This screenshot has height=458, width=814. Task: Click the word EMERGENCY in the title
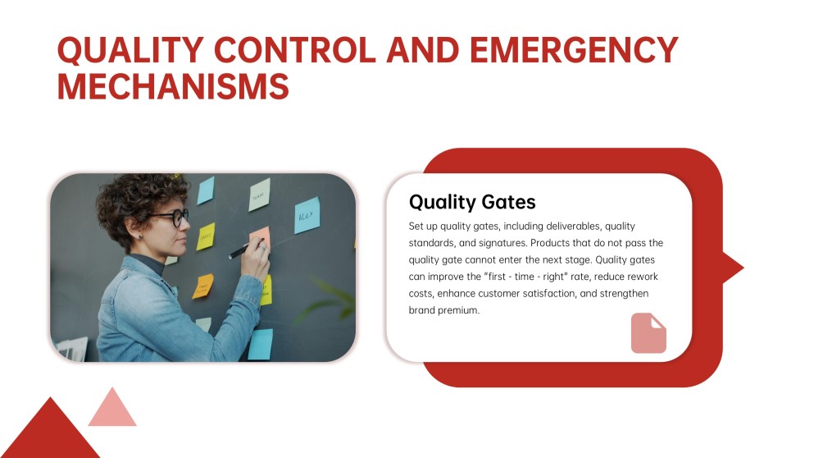[x=574, y=50]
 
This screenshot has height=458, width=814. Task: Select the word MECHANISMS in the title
[x=173, y=86]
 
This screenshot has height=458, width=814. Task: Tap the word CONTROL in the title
[x=294, y=50]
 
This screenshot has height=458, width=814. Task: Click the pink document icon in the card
[x=648, y=333]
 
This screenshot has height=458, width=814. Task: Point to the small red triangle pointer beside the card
[x=733, y=268]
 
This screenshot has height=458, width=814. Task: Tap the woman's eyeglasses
[x=172, y=217]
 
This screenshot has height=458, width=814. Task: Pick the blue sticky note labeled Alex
[x=307, y=215]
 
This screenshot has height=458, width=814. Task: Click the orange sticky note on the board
[x=203, y=286]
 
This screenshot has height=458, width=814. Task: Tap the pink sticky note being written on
[x=260, y=236]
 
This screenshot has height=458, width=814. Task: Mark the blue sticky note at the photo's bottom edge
[x=260, y=344]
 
